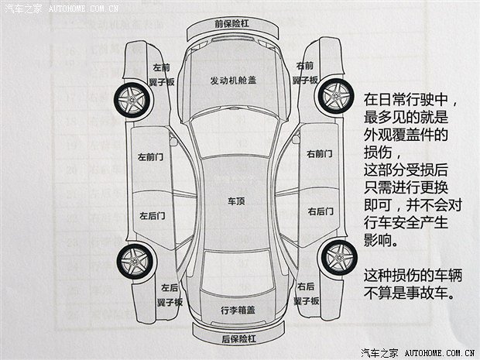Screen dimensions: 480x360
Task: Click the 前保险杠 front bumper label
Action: (x=231, y=23)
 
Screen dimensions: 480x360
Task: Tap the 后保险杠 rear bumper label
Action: (x=238, y=339)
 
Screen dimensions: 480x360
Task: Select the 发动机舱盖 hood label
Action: (x=233, y=81)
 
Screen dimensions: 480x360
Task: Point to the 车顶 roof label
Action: (x=236, y=201)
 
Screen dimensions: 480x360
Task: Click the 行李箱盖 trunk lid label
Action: (x=238, y=310)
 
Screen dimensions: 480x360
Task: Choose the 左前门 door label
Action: (x=151, y=157)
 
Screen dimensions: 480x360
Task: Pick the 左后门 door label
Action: (x=153, y=216)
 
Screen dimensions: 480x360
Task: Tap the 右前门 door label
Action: (x=320, y=153)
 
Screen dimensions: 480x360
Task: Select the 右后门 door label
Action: (x=321, y=211)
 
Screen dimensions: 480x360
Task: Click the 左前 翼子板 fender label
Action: (x=162, y=74)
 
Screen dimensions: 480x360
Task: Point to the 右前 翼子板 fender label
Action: (x=305, y=73)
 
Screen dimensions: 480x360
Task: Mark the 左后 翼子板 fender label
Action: (x=170, y=295)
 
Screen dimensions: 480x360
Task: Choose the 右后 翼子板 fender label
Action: (x=306, y=294)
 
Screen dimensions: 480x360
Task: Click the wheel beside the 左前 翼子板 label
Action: (x=132, y=100)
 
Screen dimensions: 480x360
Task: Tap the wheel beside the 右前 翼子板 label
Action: (x=336, y=96)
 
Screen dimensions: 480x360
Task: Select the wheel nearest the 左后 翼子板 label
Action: (x=135, y=262)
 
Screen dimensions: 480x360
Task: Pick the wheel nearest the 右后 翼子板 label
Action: (x=340, y=257)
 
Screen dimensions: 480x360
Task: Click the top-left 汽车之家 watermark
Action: (x=23, y=9)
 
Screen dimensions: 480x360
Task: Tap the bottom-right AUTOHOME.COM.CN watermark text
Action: (x=440, y=353)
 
